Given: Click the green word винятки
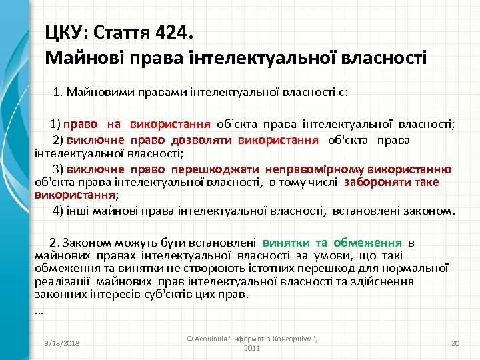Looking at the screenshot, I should tap(285, 243).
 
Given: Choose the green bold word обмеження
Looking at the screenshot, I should tap(367, 243).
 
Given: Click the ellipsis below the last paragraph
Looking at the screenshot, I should tap(38, 309).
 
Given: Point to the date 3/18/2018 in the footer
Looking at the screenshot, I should tap(61, 343).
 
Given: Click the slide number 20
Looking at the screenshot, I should tap(456, 343).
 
